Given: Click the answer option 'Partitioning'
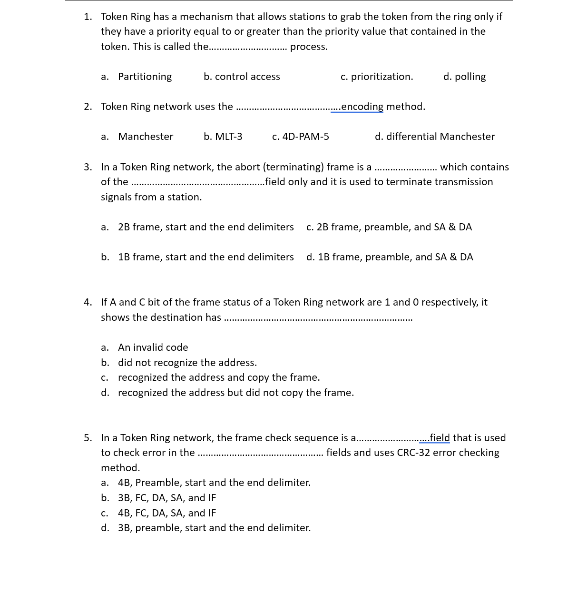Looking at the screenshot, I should (x=145, y=77).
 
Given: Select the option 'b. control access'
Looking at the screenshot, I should (x=242, y=77).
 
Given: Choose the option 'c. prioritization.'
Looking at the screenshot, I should (x=377, y=77).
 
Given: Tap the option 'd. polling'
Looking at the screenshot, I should (x=464, y=77).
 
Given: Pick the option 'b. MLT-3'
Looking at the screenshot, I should (x=223, y=137).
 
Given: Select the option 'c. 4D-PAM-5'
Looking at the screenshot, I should (x=300, y=137).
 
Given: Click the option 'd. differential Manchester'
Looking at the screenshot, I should (x=434, y=137).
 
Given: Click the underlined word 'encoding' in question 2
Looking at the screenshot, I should (x=362, y=107).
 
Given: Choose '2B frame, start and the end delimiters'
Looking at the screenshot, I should (x=205, y=227).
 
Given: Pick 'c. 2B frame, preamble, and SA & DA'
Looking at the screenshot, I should (x=389, y=227).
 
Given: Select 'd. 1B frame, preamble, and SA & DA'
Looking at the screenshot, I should (x=390, y=257).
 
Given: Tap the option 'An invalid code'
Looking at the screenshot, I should (x=153, y=347).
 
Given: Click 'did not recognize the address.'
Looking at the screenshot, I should (x=187, y=363).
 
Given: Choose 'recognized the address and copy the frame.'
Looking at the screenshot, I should (x=219, y=377).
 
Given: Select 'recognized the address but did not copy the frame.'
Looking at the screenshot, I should (x=235, y=393).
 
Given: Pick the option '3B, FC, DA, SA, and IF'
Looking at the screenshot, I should (x=166, y=498).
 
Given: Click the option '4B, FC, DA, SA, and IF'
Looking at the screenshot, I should (x=166, y=513).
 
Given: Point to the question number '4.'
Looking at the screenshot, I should (x=88, y=302).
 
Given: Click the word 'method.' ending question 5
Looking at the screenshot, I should (x=120, y=468).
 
